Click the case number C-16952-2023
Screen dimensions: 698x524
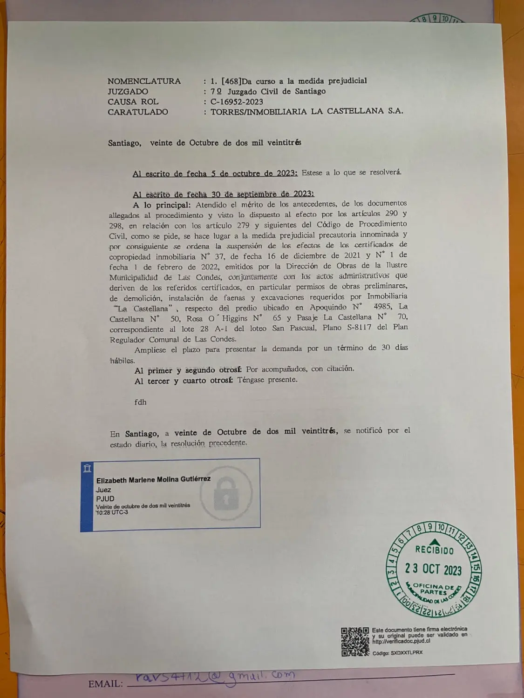[237, 101]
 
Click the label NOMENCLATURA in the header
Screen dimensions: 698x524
[144, 81]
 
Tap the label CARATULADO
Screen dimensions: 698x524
[137, 112]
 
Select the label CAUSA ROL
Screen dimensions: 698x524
[133, 101]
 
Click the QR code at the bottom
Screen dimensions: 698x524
[355, 641]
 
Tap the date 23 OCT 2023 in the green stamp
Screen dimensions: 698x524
[433, 569]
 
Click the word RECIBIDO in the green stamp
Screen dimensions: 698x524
[434, 550]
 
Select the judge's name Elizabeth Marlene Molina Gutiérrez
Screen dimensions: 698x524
[153, 479]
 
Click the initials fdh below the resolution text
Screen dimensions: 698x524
[140, 402]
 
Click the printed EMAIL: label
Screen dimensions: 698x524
[106, 684]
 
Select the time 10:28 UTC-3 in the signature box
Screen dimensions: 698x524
[112, 512]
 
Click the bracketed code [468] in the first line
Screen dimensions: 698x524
[231, 81]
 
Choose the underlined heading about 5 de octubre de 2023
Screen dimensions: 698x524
[215, 173]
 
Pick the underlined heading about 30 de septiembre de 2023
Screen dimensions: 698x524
[223, 194]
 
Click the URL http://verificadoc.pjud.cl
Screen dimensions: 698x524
[401, 640]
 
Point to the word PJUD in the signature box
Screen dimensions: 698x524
[105, 498]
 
